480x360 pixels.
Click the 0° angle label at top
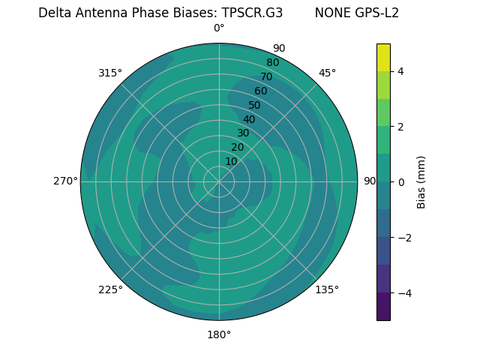point(219,28)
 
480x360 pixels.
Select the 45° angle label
point(327,73)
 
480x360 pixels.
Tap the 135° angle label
point(327,289)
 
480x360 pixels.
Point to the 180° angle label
point(219,334)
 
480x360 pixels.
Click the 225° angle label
point(110,289)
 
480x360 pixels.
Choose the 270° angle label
point(65,181)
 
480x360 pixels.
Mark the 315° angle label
point(110,73)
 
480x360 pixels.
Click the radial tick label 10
point(231,161)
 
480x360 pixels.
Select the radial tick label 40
point(249,119)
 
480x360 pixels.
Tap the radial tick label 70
point(266,76)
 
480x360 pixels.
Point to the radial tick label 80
point(272,62)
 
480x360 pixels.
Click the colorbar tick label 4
point(401,71)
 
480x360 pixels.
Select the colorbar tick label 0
point(401,181)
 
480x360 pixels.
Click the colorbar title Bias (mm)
point(421,181)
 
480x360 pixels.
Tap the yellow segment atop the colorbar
point(383,57)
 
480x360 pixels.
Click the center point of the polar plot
point(219,181)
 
